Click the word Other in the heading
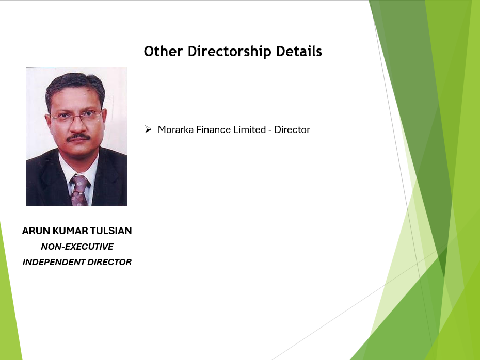[163, 51]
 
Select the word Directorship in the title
[229, 52]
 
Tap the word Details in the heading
[299, 51]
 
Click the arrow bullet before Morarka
[148, 129]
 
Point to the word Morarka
[175, 129]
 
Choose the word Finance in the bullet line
[213, 129]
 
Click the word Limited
[249, 129]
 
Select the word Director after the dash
[292, 129]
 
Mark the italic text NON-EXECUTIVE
[77, 247]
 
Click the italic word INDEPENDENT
[54, 262]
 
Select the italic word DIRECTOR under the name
[109, 262]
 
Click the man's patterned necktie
[79, 190]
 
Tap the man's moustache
[78, 137]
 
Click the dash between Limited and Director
[270, 130]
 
